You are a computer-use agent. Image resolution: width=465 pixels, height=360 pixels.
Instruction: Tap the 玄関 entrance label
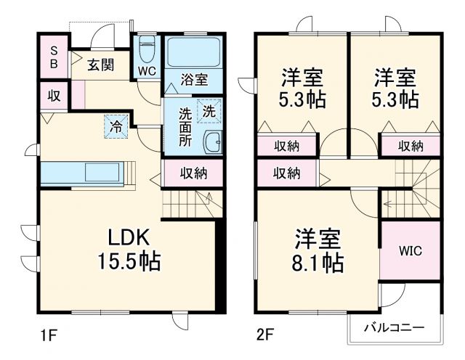click(x=101, y=65)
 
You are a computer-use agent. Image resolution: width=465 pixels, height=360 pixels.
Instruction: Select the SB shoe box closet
click(x=54, y=56)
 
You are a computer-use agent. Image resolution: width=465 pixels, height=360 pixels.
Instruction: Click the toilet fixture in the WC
click(x=146, y=49)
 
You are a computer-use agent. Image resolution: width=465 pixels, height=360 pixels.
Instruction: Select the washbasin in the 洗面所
click(x=213, y=141)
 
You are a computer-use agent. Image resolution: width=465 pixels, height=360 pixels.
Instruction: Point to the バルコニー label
click(x=394, y=328)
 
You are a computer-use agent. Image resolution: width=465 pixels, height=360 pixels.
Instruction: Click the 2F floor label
click(x=266, y=335)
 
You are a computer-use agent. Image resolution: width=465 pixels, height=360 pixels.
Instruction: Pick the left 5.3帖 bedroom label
click(x=302, y=87)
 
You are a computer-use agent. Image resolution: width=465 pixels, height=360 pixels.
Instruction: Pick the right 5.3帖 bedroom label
click(x=395, y=87)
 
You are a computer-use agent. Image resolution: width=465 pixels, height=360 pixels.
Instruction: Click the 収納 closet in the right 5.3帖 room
click(x=411, y=146)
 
